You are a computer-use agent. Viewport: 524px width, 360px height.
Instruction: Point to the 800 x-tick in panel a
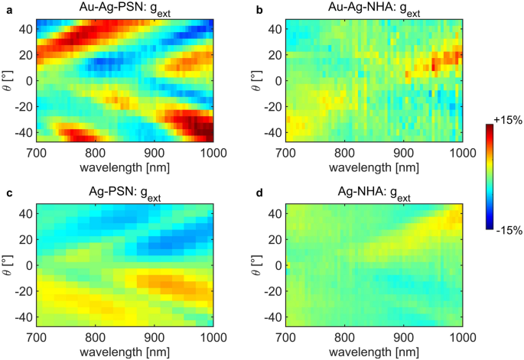(x=95, y=152)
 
